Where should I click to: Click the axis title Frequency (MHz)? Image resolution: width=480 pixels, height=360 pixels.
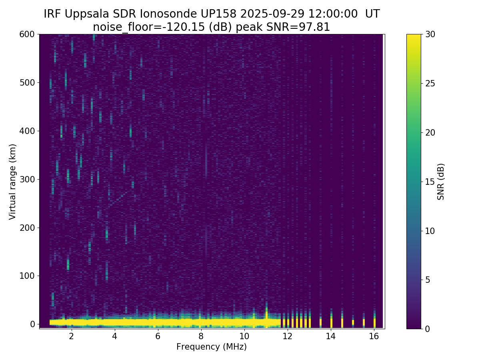pyautogui.click(x=212, y=347)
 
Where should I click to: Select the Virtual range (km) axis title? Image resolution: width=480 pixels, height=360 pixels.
pyautogui.click(x=13, y=182)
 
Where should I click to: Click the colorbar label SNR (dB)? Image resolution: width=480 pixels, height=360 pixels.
pyautogui.click(x=441, y=182)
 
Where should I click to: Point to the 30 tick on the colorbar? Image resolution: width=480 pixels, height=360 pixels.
pyautogui.click(x=430, y=34)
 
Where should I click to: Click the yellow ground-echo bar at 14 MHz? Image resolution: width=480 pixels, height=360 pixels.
pyautogui.click(x=331, y=322)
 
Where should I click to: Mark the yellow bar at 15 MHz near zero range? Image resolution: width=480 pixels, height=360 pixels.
pyautogui.click(x=353, y=322)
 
